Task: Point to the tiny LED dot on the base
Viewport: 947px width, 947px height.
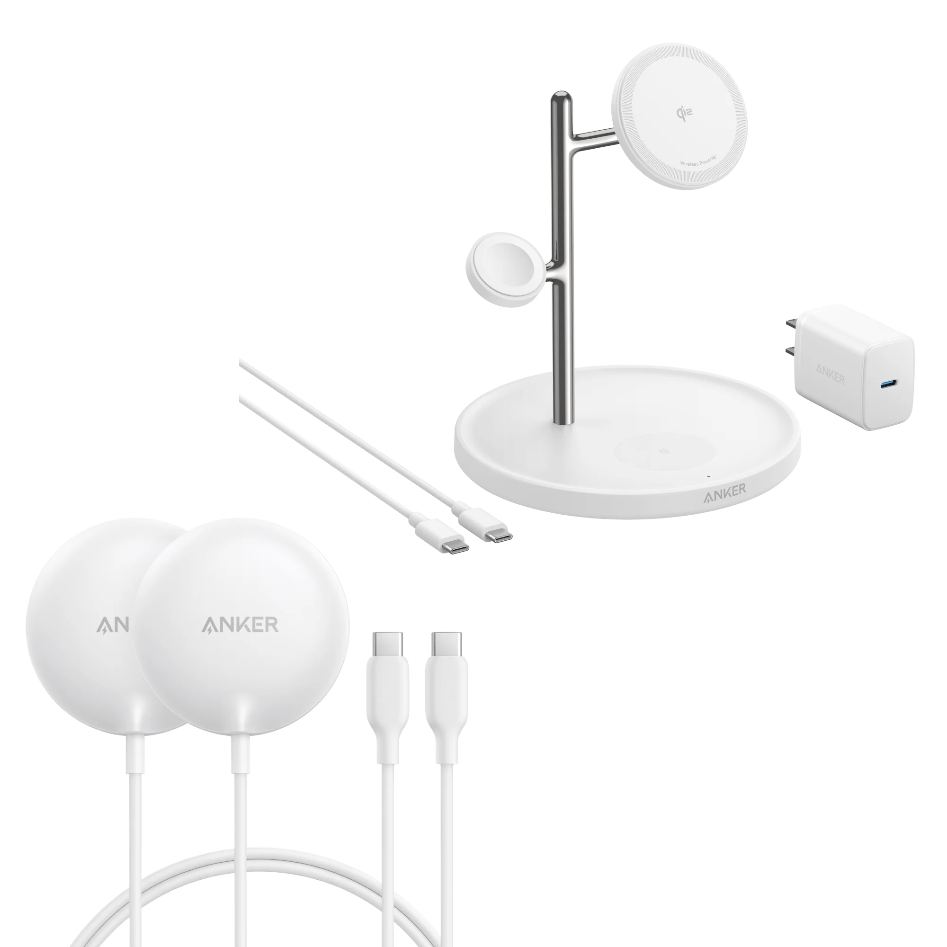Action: tap(708, 476)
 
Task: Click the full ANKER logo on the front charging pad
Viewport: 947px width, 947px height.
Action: tap(240, 625)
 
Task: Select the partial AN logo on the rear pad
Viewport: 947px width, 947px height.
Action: tap(112, 625)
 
